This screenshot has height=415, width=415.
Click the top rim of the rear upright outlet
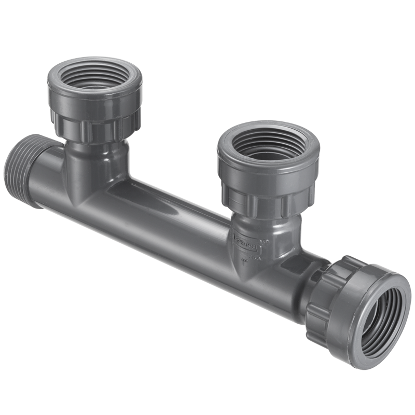(94, 62)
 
